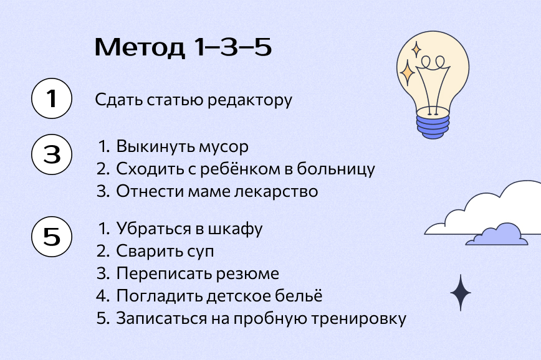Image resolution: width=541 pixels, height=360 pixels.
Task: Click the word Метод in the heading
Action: click(140, 47)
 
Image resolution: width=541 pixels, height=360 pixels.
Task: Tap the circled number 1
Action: click(52, 98)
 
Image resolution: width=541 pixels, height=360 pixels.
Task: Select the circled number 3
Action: click(52, 154)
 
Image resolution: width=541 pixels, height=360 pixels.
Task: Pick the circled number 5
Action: click(52, 236)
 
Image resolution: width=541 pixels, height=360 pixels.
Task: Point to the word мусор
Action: click(223, 147)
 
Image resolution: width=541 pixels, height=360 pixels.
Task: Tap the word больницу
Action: click(336, 169)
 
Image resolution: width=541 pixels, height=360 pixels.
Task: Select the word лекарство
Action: click(276, 191)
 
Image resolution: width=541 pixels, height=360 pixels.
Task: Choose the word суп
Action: click(201, 252)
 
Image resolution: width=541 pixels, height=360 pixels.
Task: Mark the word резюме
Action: click(247, 274)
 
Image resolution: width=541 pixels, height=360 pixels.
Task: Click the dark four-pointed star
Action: click(460, 293)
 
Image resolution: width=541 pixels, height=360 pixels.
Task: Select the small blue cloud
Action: click(497, 235)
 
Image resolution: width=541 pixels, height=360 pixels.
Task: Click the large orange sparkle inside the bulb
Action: click(408, 72)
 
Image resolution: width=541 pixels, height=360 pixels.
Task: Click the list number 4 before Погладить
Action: click(102, 295)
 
